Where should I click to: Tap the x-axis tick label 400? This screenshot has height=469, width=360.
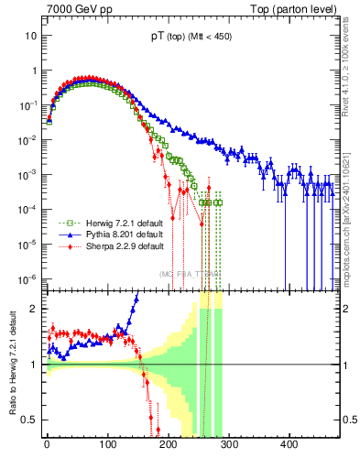pyautogui.click(x=288, y=446)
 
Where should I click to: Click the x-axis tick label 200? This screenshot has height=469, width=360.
pyautogui.click(x=168, y=446)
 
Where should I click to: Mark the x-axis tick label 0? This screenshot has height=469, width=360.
pyautogui.click(x=47, y=446)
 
